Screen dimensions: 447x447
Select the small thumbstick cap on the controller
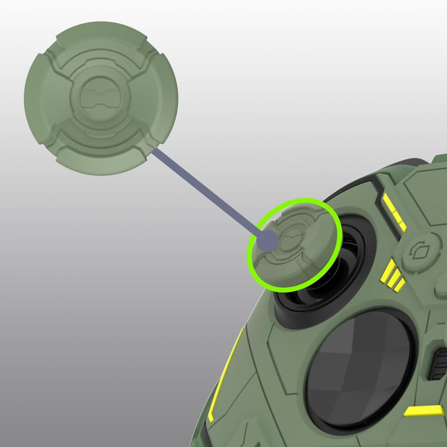pos(297,244)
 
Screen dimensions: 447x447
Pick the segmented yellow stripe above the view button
pos(395,212)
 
